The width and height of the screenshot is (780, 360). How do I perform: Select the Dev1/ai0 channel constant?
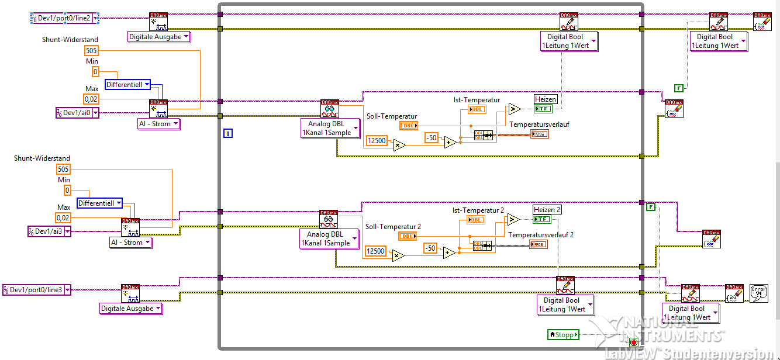[x=77, y=113]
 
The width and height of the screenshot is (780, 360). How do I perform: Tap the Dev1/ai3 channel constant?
[x=50, y=231]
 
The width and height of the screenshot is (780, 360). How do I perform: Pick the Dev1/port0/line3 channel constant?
[x=37, y=289]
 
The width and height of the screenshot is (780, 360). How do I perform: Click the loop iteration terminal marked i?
[x=228, y=134]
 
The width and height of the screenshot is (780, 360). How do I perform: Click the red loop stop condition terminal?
[x=633, y=342]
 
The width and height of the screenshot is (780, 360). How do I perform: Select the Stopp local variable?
[x=563, y=335]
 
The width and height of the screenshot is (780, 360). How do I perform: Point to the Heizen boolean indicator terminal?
[x=543, y=109]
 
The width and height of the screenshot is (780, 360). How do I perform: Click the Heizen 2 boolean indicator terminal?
[x=542, y=219]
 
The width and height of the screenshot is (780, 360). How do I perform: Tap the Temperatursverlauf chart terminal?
[x=540, y=134]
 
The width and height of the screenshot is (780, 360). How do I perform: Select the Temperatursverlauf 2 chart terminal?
[x=539, y=244]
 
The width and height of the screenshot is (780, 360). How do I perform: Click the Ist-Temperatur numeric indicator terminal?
[x=477, y=109]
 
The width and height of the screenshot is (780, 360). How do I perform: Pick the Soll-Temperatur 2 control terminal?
[x=408, y=236]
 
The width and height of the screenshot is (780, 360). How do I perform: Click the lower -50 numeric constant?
[x=431, y=248]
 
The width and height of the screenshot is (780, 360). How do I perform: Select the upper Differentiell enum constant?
[x=127, y=85]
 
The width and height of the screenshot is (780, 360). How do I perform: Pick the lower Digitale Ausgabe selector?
[x=131, y=309]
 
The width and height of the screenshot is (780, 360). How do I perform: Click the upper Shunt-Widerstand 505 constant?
[x=92, y=50]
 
